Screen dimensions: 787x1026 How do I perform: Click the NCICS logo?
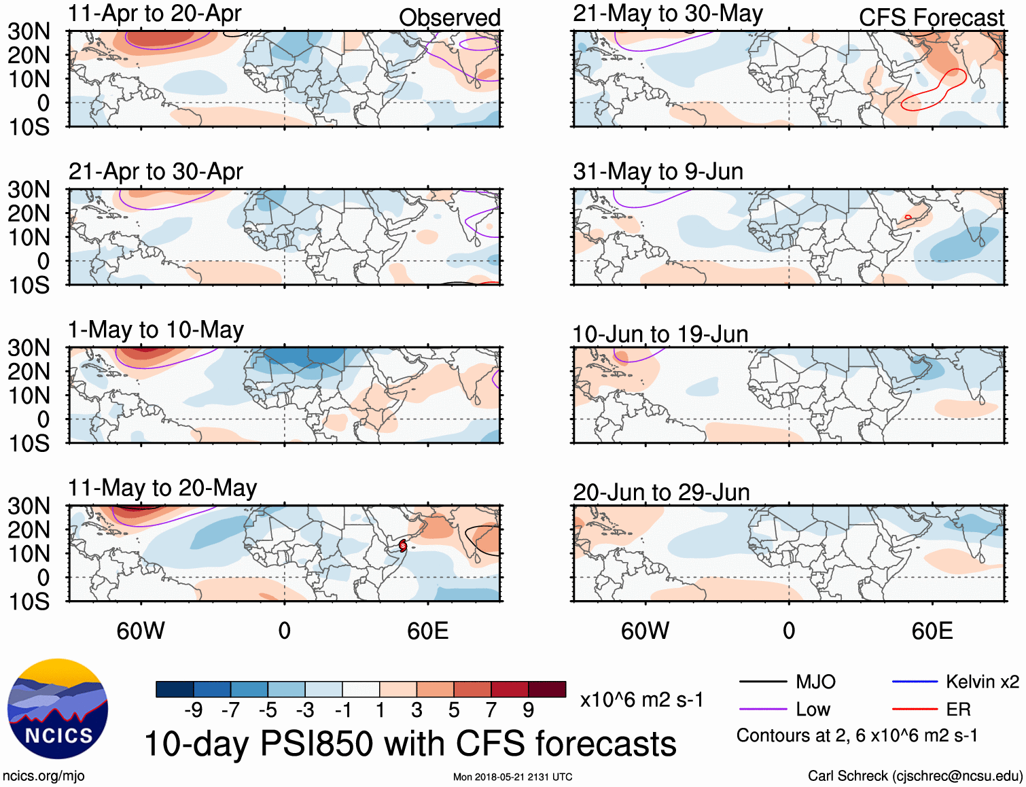[58, 709]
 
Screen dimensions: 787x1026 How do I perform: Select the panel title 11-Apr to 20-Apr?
[155, 14]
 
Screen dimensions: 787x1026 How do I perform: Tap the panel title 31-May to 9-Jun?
[658, 171]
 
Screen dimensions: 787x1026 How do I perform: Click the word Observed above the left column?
[449, 18]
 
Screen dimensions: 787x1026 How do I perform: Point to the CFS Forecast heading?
[931, 18]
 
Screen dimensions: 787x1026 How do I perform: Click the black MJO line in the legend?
[762, 682]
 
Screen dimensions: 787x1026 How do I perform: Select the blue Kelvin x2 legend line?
[915, 682]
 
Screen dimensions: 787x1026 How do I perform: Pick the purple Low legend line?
[762, 710]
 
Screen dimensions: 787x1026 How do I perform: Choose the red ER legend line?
[915, 710]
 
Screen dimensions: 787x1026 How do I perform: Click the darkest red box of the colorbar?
[547, 689]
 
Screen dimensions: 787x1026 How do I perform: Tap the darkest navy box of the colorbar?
[175, 689]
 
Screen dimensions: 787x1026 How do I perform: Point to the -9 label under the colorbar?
[194, 710]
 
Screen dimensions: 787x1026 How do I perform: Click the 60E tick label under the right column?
[932, 631]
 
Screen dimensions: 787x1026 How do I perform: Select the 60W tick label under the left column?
[141, 631]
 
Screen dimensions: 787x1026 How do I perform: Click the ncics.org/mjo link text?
[43, 776]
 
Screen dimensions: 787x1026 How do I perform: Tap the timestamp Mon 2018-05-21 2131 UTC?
[512, 777]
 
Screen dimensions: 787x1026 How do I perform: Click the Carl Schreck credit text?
[915, 776]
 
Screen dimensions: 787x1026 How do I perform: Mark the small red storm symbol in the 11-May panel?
[403, 545]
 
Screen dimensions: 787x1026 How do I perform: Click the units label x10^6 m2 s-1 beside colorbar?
[641, 700]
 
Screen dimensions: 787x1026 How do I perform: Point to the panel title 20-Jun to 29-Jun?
[661, 492]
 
